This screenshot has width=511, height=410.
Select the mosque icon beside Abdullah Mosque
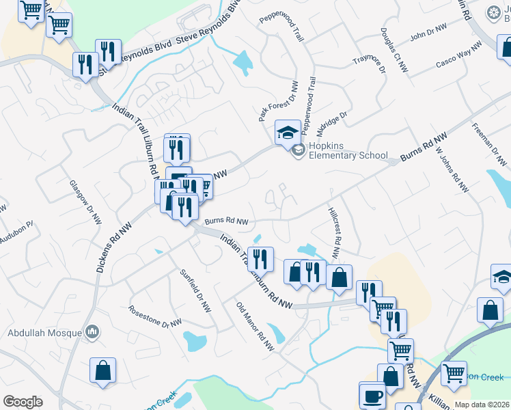pyautogui.click(x=92, y=333)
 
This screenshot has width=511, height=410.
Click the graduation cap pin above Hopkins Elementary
pyautogui.click(x=288, y=131)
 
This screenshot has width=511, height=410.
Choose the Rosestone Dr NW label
pyautogui.click(x=155, y=316)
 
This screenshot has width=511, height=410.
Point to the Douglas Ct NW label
pyautogui.click(x=394, y=51)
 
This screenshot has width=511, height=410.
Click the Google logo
pyautogui.click(x=23, y=402)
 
